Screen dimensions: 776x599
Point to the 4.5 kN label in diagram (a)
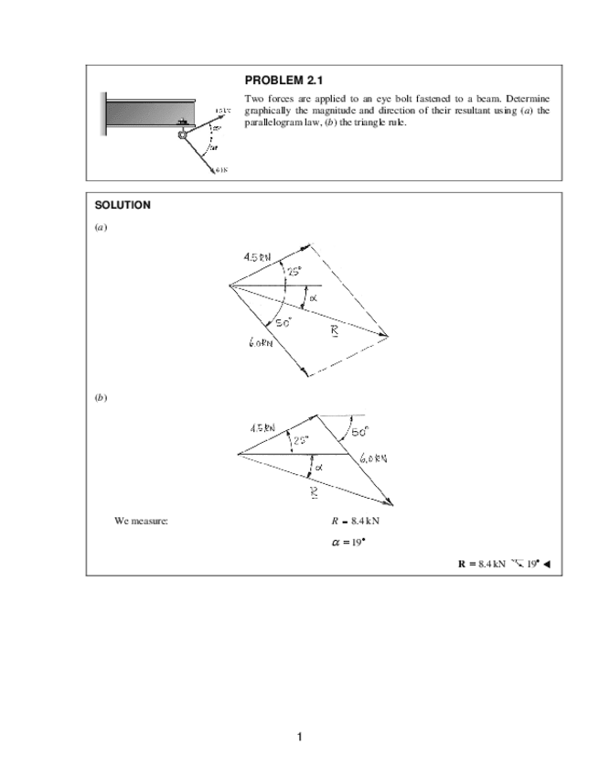[255, 257]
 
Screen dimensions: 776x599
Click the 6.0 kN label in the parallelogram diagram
[262, 342]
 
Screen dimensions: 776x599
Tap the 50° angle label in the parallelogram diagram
[281, 322]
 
